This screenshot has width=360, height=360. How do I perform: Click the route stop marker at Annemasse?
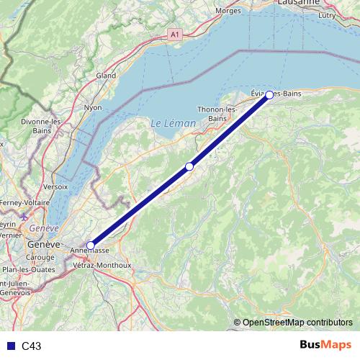[90, 246]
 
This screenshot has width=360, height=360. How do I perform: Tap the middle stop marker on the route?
[189, 167]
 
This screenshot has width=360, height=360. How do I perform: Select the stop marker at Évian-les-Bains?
[269, 95]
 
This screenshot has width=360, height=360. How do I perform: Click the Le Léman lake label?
[173, 123]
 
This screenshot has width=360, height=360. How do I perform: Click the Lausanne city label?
[297, 3]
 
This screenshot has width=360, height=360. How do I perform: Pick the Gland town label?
[106, 75]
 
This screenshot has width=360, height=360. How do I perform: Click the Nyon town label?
[94, 107]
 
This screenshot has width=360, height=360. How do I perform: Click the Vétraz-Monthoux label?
[102, 264]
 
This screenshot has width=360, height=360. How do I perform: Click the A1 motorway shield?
[175, 34]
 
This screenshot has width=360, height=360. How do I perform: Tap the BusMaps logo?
[325, 346]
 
